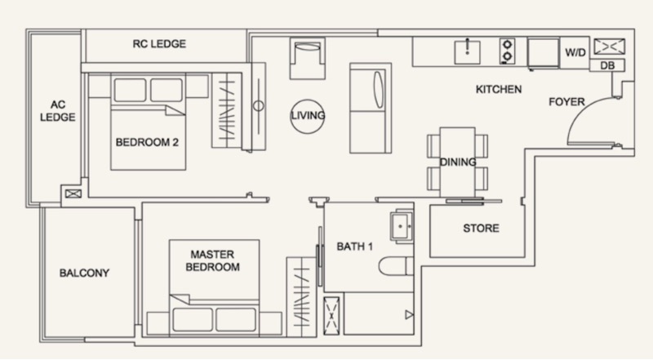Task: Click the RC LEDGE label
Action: [159, 44]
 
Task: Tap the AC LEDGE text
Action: [57, 111]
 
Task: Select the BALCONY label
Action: [84, 273]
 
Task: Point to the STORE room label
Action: [481, 228]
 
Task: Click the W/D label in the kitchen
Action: [575, 52]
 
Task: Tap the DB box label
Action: [607, 65]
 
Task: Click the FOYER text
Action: [566, 102]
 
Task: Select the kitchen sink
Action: [467, 52]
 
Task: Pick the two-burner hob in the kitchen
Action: [507, 51]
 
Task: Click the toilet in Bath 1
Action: [396, 266]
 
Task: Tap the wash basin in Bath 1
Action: [402, 226]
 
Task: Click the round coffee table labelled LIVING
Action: [308, 116]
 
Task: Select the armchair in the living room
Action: [308, 58]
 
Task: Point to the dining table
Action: [457, 162]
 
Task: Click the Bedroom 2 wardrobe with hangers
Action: [227, 110]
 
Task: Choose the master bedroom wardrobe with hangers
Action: [301, 296]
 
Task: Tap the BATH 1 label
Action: [354, 247]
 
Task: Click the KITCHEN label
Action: [499, 89]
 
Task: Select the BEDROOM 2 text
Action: [147, 142]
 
